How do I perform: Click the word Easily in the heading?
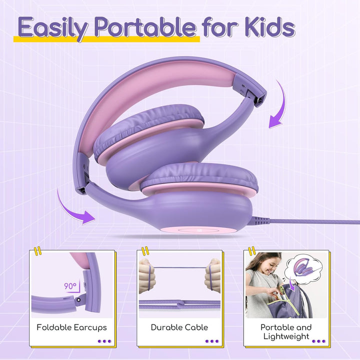53,28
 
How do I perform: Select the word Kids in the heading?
270,27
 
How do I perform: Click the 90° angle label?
70,286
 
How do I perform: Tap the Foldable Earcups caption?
71,327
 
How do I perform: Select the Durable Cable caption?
179,327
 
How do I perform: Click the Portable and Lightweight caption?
286,332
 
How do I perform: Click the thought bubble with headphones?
303,267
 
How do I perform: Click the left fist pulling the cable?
147,275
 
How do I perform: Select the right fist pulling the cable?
212,275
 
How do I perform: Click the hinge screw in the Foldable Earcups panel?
79,300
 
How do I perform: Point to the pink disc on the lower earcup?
198,230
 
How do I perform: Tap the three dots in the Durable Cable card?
212,341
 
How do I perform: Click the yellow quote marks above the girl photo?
252,250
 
